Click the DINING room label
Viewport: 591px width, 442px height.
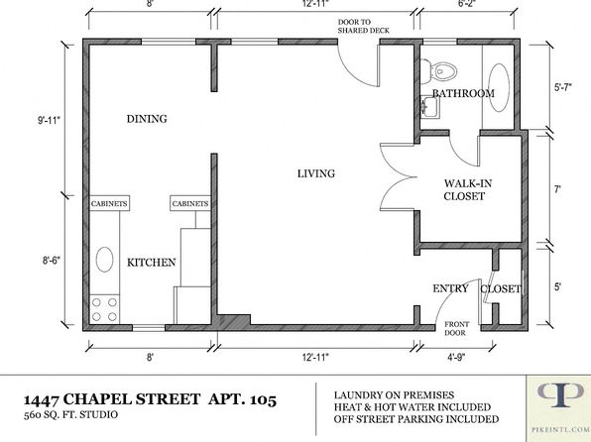pyautogui.click(x=147, y=119)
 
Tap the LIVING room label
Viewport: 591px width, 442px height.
pyautogui.click(x=316, y=173)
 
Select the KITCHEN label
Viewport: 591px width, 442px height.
pyautogui.click(x=151, y=263)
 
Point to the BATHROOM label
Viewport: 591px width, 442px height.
pyautogui.click(x=463, y=93)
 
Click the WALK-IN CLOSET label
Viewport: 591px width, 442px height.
pyautogui.click(x=467, y=189)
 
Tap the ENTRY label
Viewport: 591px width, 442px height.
pyautogui.click(x=450, y=288)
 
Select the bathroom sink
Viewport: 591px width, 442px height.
pyautogui.click(x=430, y=107)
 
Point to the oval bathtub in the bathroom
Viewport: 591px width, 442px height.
pyautogui.click(x=499, y=88)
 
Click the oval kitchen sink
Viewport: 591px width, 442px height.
pyautogui.click(x=104, y=260)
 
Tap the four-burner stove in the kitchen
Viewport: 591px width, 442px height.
pyautogui.click(x=104, y=309)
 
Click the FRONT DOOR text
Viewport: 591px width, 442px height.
pyautogui.click(x=456, y=328)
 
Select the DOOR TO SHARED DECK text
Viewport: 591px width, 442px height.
pyautogui.click(x=363, y=27)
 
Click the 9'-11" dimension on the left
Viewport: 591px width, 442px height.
pyautogui.click(x=49, y=120)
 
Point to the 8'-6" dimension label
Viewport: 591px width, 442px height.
pyautogui.click(x=51, y=261)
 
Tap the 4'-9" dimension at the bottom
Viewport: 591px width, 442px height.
pyautogui.click(x=456, y=357)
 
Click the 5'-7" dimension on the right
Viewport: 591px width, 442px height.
pyautogui.click(x=562, y=87)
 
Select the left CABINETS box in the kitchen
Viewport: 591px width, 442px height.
pyautogui.click(x=110, y=203)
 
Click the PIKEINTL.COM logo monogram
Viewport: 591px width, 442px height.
pyautogui.click(x=559, y=394)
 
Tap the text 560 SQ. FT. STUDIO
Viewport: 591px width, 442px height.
pyautogui.click(x=70, y=415)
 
